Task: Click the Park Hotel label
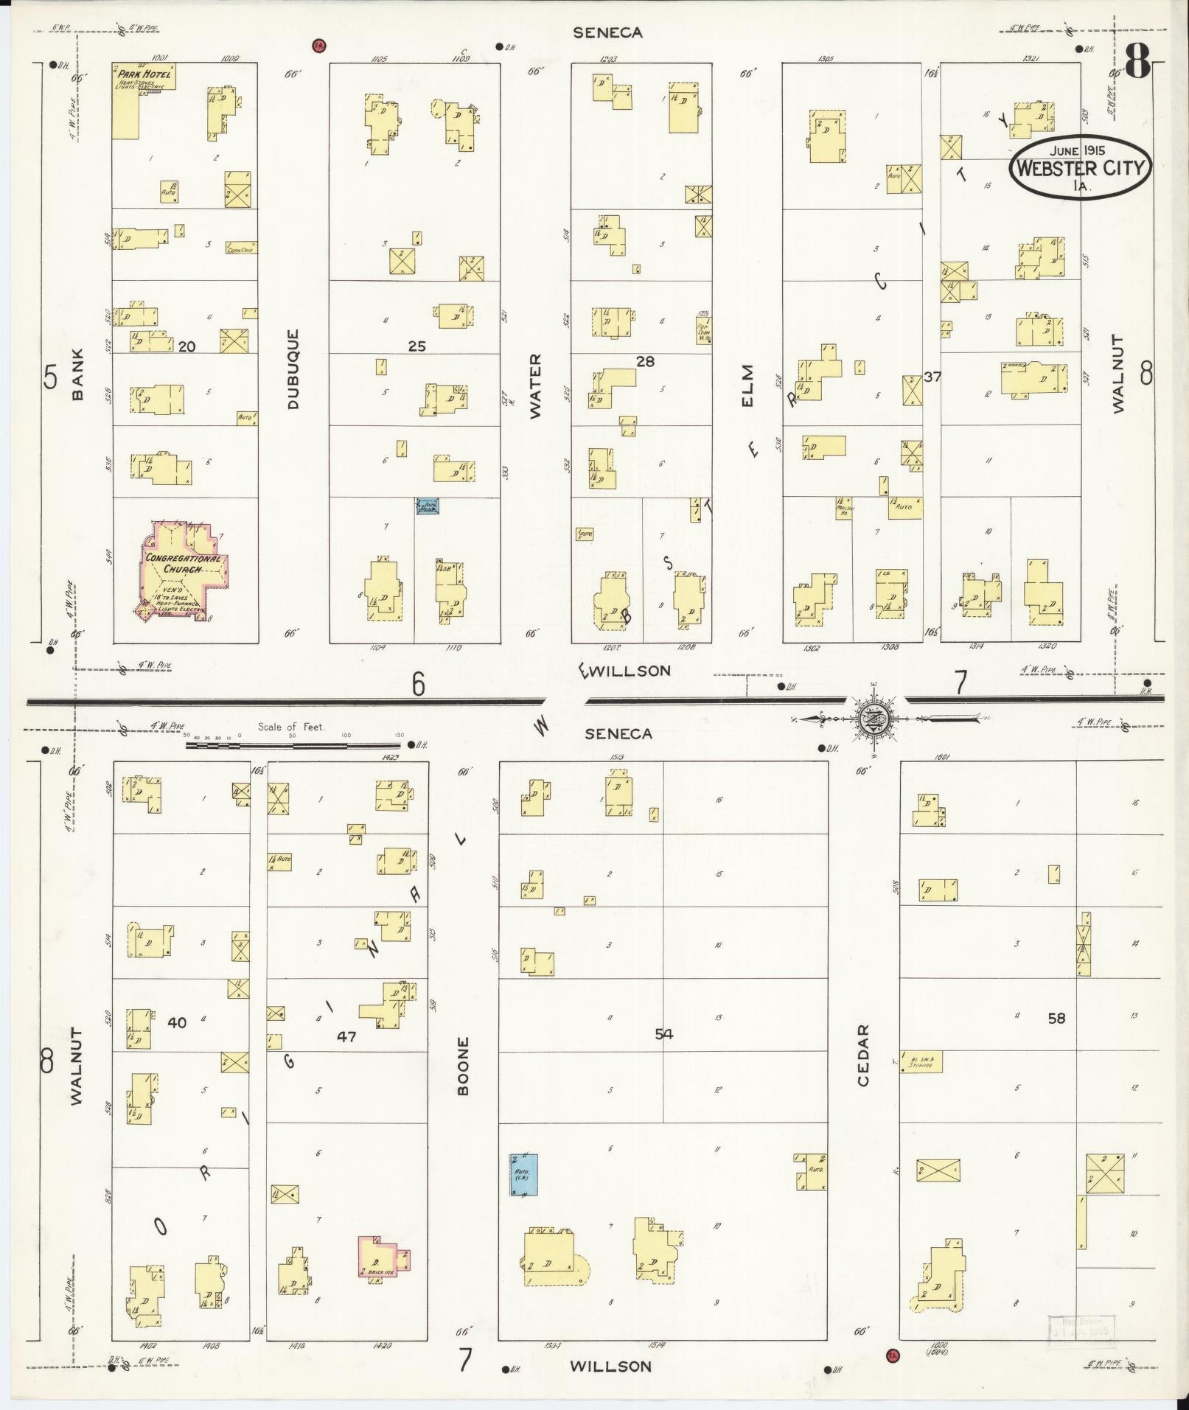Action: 144,74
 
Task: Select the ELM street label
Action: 747,385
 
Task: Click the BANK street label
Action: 78,374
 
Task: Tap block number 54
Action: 664,1034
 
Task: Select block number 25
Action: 417,346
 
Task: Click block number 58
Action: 1056,1018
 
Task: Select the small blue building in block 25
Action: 428,506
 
